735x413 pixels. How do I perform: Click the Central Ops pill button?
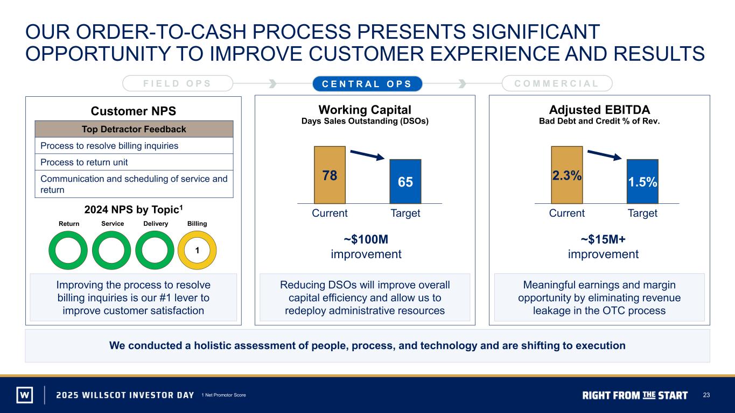(367, 84)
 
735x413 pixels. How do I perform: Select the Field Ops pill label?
(178, 83)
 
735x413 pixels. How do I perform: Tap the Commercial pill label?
(557, 83)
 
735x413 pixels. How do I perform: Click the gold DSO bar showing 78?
(330, 175)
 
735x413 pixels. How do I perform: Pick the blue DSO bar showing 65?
(405, 182)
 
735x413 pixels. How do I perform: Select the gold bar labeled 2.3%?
(566, 175)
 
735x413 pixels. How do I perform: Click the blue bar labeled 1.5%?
(642, 182)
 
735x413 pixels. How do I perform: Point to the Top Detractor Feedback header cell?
(134, 129)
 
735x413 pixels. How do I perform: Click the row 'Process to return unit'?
(134, 162)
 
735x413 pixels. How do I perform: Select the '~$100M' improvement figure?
(366, 239)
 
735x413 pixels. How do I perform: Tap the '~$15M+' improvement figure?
(603, 239)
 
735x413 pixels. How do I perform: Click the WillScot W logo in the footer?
(25, 395)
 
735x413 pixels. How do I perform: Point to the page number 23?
(706, 395)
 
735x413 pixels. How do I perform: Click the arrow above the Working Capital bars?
(367, 155)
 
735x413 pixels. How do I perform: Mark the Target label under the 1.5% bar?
(642, 213)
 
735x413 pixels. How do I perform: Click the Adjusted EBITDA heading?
(599, 110)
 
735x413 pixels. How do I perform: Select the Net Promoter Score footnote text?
(224, 395)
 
